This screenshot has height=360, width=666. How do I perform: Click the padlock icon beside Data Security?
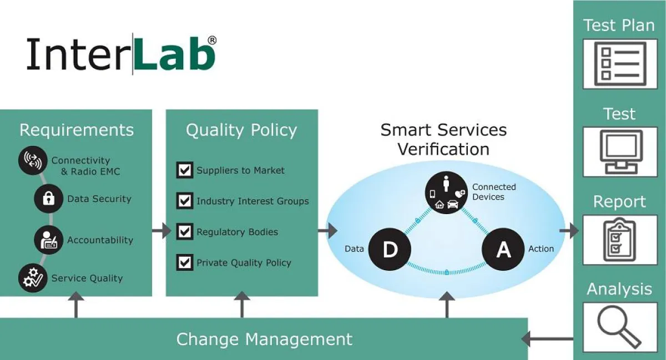tap(48, 199)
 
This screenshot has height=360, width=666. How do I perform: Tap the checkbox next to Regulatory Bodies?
tap(184, 232)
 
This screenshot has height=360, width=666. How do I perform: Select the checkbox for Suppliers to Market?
tap(184, 170)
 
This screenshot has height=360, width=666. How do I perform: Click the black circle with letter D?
tap(390, 249)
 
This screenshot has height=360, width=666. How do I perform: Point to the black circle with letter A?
tap(503, 249)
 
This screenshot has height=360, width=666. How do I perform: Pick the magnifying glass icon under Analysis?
tap(619, 327)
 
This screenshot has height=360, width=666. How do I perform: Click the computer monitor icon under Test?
tap(619, 151)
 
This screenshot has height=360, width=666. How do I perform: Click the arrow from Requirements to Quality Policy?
tap(162, 230)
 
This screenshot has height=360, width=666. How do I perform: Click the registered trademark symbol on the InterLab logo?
tap(211, 40)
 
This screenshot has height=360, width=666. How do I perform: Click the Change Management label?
tap(264, 339)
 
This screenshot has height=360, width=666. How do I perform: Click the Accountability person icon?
tap(48, 240)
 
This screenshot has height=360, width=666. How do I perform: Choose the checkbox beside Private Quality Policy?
tap(184, 262)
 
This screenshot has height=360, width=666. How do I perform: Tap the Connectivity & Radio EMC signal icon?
tap(31, 161)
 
